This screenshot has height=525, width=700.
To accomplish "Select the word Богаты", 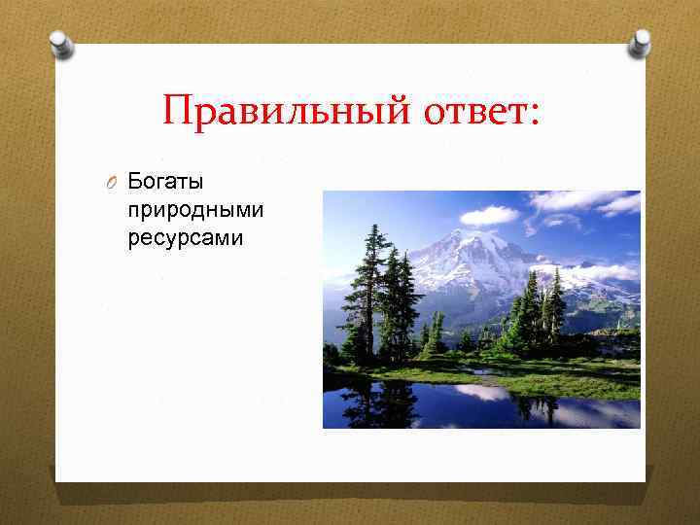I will point(164,182).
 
